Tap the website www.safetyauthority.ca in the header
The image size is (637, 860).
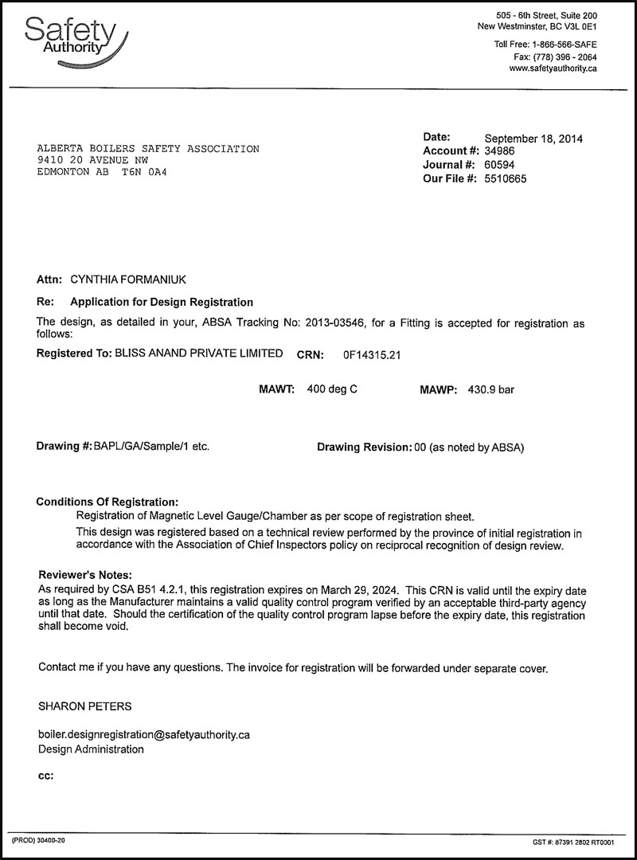(x=553, y=68)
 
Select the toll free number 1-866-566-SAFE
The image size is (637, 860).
(x=562, y=44)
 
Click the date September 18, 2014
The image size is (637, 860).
(x=533, y=139)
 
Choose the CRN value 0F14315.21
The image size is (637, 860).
(x=371, y=354)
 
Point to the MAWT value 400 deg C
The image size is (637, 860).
(x=337, y=389)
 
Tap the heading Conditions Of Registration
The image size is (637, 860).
(x=107, y=502)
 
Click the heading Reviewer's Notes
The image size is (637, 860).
(x=85, y=575)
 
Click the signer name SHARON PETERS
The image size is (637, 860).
(x=85, y=706)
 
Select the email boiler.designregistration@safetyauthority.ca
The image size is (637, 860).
(x=144, y=734)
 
